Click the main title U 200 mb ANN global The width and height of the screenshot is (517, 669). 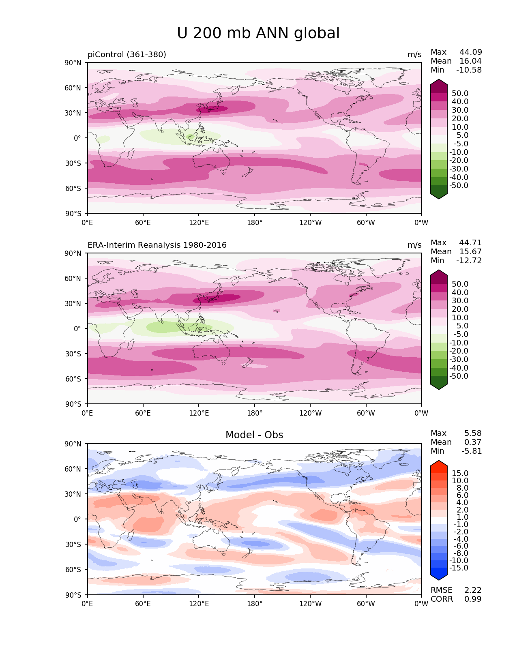pyautogui.click(x=258, y=33)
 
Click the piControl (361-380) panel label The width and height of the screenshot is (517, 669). pyautogui.click(x=127, y=54)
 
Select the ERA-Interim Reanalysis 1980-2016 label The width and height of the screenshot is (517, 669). pyautogui.click(x=157, y=245)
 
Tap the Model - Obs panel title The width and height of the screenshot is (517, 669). pyautogui.click(x=254, y=435)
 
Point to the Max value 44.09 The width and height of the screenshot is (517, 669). pyautogui.click(x=470, y=52)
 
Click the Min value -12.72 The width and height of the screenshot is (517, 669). pyautogui.click(x=469, y=260)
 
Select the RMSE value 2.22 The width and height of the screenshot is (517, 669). pyautogui.click(x=473, y=590)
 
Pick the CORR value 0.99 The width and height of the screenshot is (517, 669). pyautogui.click(x=473, y=599)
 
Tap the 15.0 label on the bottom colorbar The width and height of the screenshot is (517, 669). pyautogui.click(x=460, y=473)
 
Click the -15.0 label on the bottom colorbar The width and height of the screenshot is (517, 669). pyautogui.click(x=459, y=568)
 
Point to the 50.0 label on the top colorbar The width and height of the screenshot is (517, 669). pyautogui.click(x=460, y=93)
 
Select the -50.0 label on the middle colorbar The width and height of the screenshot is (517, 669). pyautogui.click(x=459, y=376)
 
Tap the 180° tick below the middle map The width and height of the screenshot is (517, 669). pyautogui.click(x=255, y=413)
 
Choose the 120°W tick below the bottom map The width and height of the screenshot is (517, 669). pyautogui.click(x=310, y=604)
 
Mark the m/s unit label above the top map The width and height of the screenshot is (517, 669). pyautogui.click(x=414, y=54)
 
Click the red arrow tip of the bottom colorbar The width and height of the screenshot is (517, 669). pyautogui.click(x=439, y=463)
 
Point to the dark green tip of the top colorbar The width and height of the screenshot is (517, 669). pyautogui.click(x=439, y=196)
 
